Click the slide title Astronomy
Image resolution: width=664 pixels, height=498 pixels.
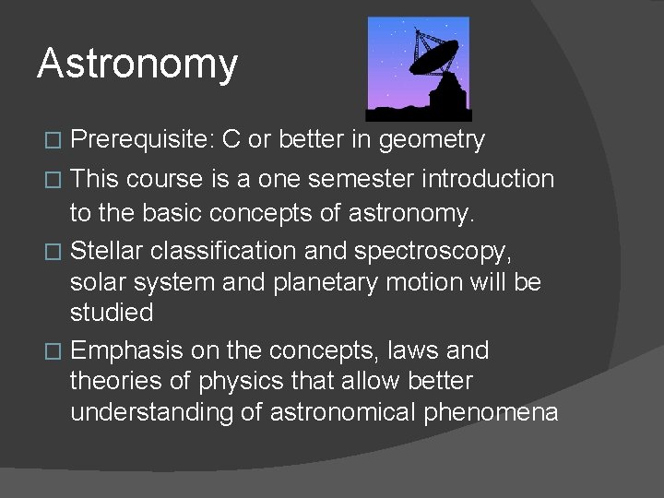[137, 65]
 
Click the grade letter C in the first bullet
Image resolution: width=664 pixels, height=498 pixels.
[231, 140]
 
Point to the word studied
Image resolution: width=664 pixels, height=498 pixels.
[112, 313]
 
